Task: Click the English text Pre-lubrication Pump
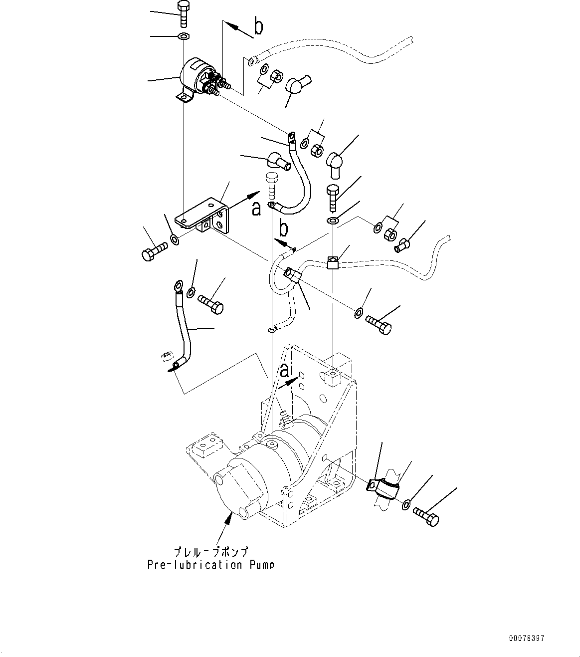(x=210, y=565)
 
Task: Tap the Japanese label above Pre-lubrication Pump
(x=210, y=552)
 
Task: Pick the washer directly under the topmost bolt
(x=184, y=36)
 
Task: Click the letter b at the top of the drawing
(x=258, y=26)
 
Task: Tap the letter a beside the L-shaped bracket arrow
(x=256, y=209)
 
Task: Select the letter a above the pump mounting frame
(x=284, y=371)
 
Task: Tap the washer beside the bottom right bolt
(x=406, y=505)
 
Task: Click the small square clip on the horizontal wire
(x=333, y=262)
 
